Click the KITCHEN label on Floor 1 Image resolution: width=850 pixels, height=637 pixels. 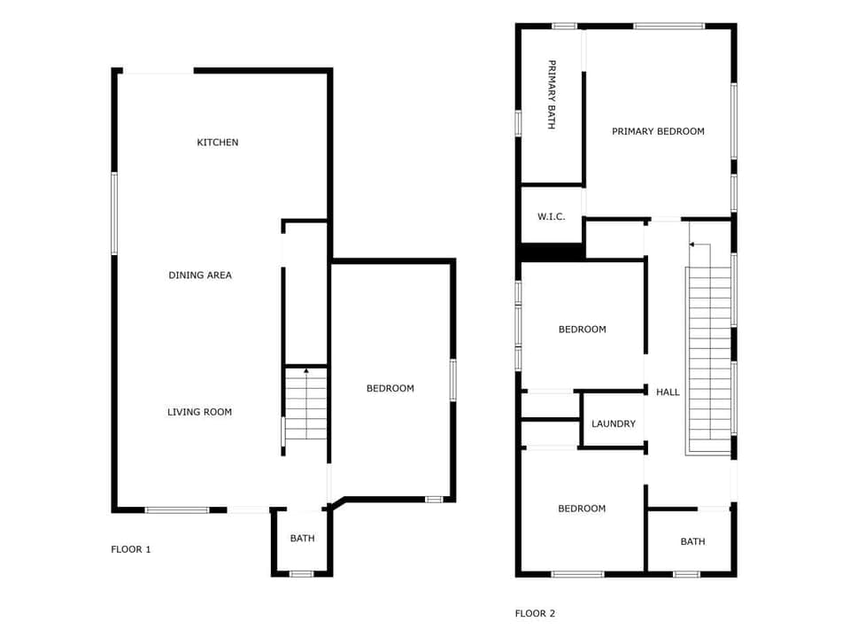point(217,143)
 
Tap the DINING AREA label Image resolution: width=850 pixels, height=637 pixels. point(200,276)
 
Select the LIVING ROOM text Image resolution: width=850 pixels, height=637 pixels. point(200,412)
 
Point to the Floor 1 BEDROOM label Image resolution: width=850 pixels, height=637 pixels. point(390,388)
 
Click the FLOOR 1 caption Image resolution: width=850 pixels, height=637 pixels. point(131,549)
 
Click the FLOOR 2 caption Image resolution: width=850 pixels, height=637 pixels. point(535,613)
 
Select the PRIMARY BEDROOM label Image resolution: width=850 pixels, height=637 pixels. point(658,131)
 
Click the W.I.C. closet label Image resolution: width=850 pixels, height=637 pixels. point(551,216)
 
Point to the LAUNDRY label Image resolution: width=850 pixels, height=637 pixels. point(614,423)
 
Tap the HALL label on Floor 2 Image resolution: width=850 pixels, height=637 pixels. point(668,392)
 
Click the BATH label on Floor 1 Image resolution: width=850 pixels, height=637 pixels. point(302,538)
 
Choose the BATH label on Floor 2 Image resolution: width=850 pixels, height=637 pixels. point(692,541)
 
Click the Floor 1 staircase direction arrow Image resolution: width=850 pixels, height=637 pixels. point(305,370)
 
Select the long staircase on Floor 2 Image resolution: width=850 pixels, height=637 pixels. point(709,354)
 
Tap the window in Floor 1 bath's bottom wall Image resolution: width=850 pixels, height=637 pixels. point(302,574)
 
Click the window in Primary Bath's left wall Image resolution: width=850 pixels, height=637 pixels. point(518,122)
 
